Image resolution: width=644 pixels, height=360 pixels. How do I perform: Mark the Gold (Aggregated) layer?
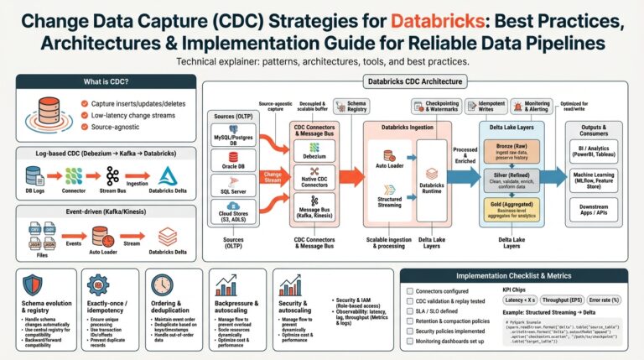512,209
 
